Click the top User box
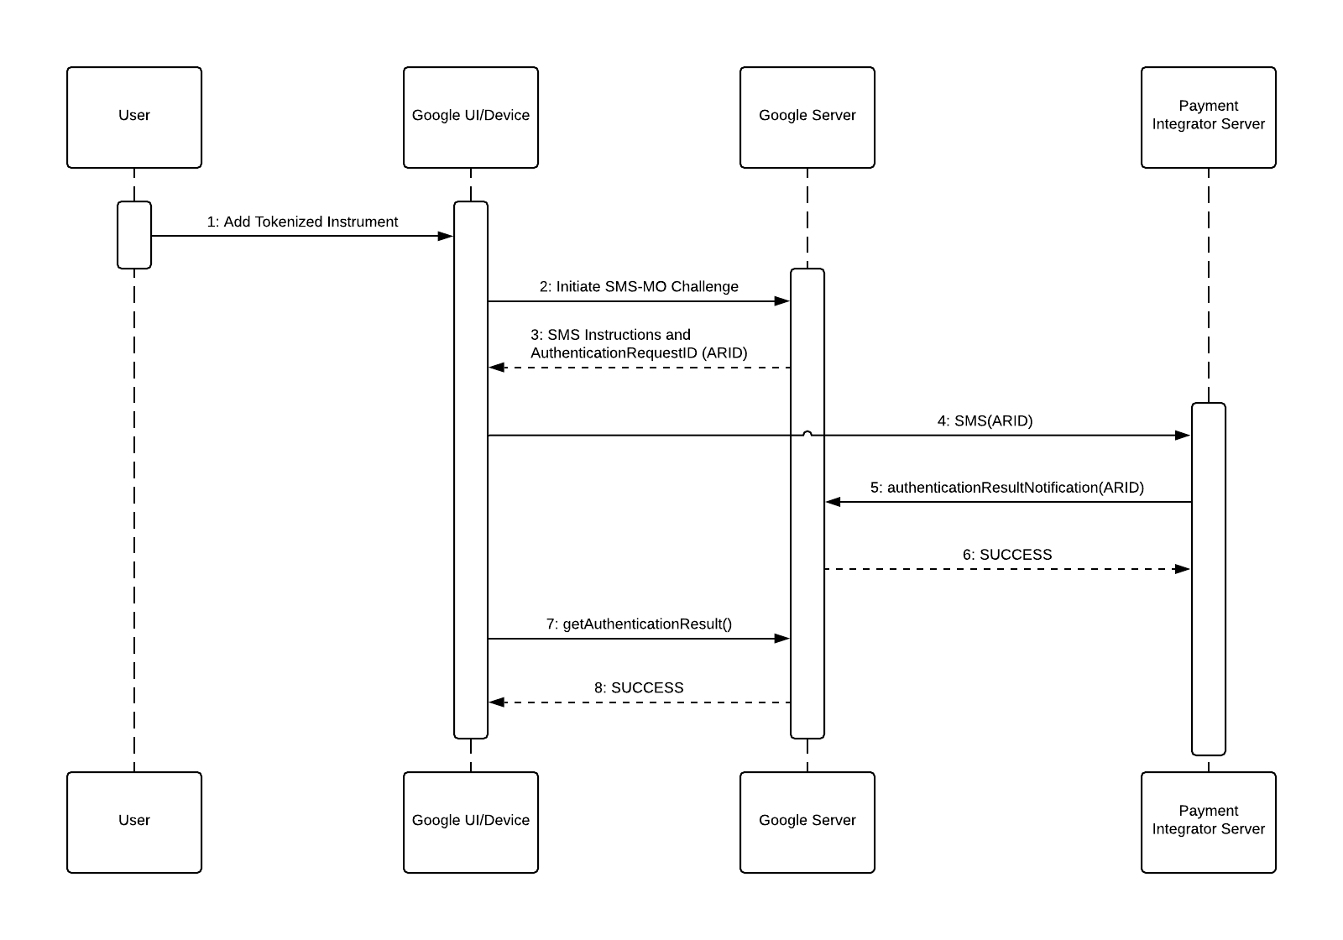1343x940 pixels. (134, 117)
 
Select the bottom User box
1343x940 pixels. (134, 822)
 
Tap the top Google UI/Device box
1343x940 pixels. (470, 117)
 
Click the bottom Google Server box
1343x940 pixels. (807, 822)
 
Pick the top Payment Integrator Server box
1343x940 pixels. (1208, 117)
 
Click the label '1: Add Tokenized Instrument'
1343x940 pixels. (302, 222)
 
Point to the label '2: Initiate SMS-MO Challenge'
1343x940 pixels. (639, 286)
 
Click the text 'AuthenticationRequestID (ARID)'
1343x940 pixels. (639, 352)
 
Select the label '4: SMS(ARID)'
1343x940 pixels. (985, 420)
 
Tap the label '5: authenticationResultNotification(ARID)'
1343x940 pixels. (1006, 487)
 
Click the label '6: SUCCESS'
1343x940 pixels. (1006, 554)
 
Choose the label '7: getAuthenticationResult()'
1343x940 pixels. (639, 624)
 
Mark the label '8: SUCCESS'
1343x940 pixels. (639, 687)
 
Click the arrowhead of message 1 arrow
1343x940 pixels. (446, 236)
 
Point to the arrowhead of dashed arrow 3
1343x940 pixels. (497, 368)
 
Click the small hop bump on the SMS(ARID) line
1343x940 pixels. (807, 433)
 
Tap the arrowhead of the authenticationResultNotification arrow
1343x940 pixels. (833, 502)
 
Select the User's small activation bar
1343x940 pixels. (134, 235)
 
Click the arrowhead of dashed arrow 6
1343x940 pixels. (1183, 569)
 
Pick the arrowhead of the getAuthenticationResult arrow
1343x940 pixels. (782, 639)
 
